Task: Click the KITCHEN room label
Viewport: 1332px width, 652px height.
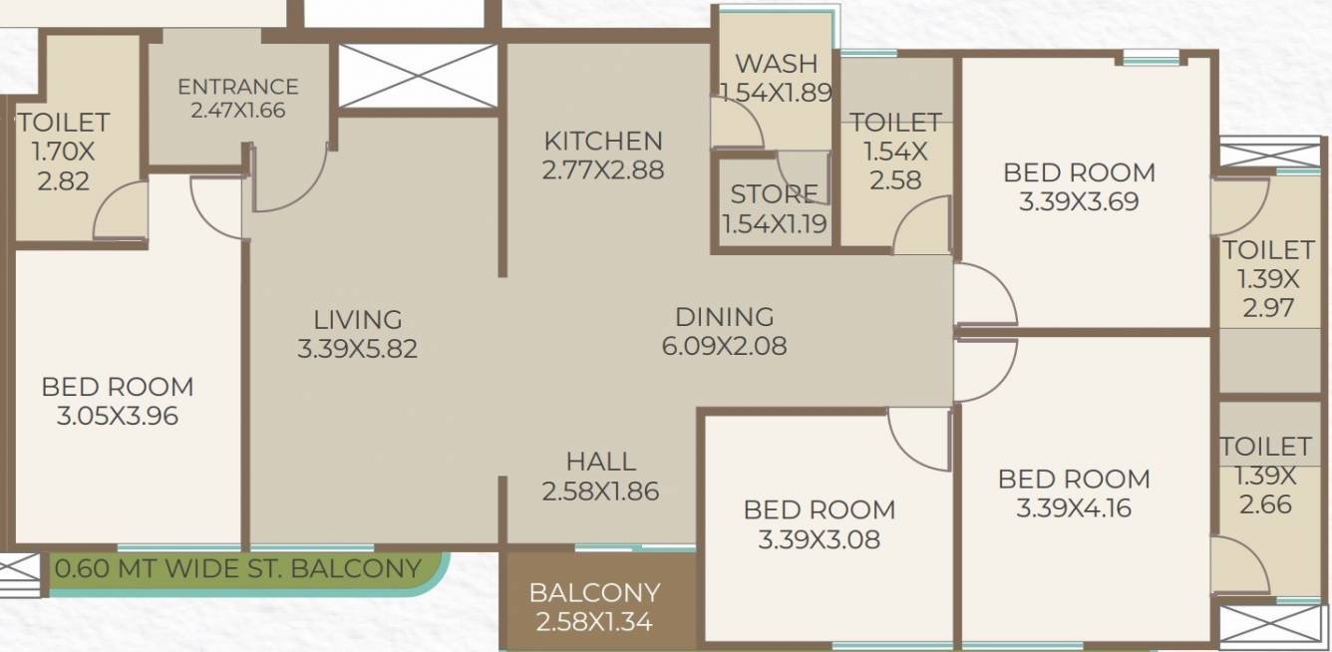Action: click(x=602, y=142)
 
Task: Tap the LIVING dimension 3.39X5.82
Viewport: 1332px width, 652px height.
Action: click(x=357, y=350)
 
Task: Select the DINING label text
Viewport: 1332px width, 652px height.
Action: click(x=724, y=317)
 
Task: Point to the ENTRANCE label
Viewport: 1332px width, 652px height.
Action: click(x=237, y=88)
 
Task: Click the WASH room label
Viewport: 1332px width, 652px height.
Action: click(x=776, y=64)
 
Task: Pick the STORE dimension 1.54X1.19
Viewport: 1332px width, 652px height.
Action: click(x=774, y=224)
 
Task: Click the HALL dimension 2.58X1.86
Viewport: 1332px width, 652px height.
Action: click(x=600, y=491)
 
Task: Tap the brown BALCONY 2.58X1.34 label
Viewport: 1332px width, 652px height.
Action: click(x=594, y=607)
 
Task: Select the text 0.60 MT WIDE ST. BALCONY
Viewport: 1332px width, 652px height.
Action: click(x=238, y=569)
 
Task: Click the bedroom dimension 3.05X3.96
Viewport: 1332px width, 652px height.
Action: click(x=118, y=416)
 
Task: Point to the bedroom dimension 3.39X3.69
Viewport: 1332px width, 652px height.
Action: click(x=1079, y=202)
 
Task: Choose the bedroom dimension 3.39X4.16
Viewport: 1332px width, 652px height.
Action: click(x=1074, y=508)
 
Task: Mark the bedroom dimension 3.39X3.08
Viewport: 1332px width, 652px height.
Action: click(x=819, y=540)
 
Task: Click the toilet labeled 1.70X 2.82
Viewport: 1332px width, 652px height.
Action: click(x=61, y=152)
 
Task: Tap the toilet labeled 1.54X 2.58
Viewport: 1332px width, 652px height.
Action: click(x=895, y=152)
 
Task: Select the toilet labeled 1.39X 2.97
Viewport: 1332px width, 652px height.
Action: click(x=1268, y=278)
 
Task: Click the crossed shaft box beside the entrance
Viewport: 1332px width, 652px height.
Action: click(x=418, y=75)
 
